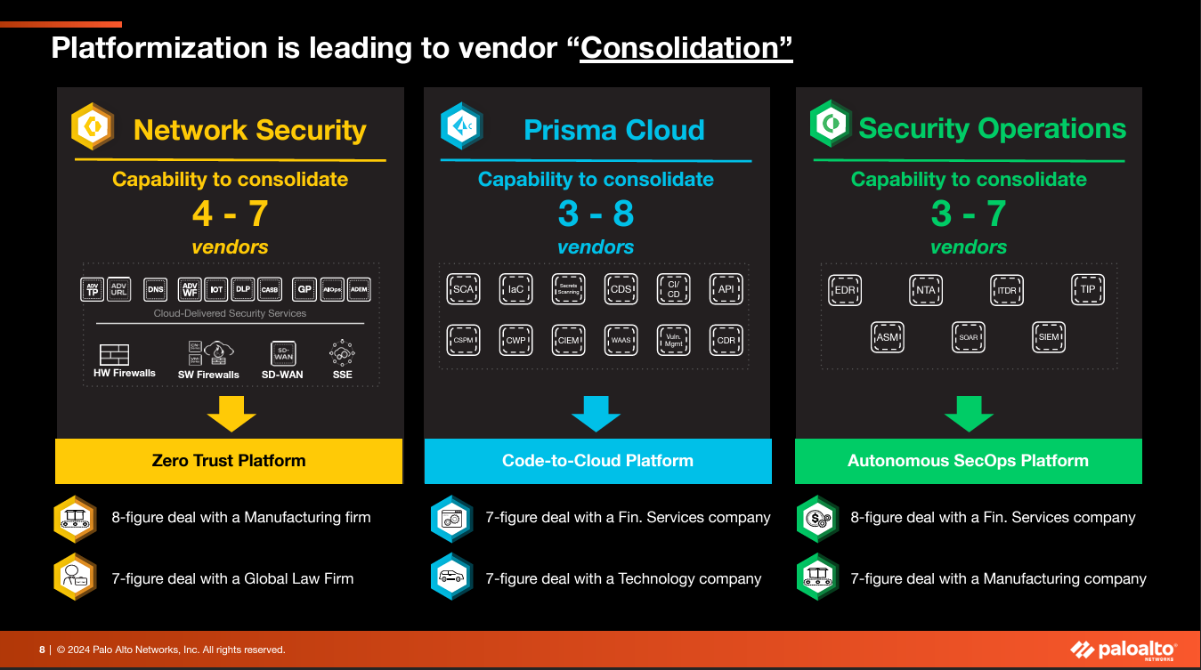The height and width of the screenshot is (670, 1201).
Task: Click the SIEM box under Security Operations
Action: coord(1049,337)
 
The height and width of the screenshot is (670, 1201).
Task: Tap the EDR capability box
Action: coord(844,290)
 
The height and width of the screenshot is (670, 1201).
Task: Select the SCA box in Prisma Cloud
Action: coord(463,289)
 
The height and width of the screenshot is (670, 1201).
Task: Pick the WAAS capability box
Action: coord(621,340)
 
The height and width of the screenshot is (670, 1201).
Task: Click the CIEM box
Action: coord(569,340)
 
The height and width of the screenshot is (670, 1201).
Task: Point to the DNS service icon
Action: coord(156,289)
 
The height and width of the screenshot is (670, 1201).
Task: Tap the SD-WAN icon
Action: coord(282,354)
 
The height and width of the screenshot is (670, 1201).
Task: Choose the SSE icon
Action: coord(343,353)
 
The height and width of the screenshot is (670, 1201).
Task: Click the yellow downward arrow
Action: coord(231,414)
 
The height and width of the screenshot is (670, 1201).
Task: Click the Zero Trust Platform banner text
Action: coord(229,461)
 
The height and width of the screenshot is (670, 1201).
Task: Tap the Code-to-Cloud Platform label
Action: coord(597,461)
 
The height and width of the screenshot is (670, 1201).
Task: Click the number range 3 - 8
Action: coord(596,214)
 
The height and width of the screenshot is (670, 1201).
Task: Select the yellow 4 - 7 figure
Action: coord(230,214)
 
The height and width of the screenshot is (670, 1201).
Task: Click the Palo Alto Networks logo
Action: coord(1123,650)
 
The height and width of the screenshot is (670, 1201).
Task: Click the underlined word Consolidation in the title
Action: coord(686,48)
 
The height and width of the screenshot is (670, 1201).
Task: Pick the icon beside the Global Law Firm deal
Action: coord(75,577)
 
